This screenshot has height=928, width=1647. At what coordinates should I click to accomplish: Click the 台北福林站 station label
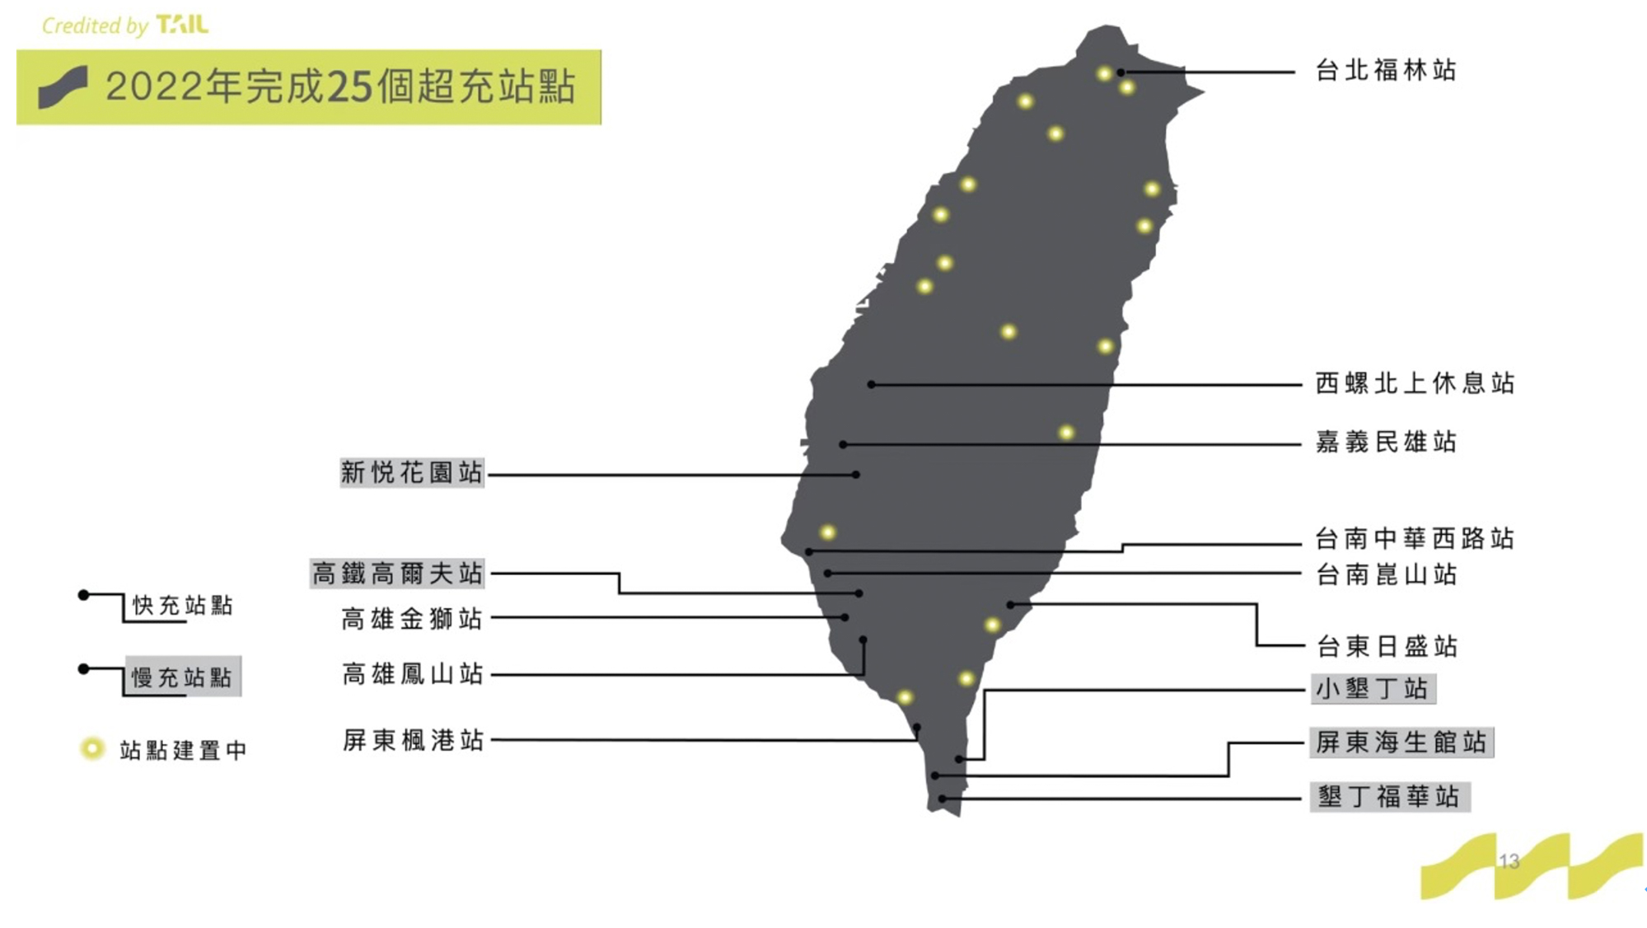pyautogui.click(x=1386, y=71)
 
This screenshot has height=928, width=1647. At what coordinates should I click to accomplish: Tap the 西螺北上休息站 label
pyautogui.click(x=1415, y=383)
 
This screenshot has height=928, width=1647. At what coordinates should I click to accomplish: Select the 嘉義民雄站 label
pyautogui.click(x=1386, y=443)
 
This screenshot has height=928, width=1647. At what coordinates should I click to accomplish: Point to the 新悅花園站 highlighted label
pyautogui.click(x=411, y=473)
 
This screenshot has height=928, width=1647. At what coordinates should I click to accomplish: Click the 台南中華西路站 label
pyautogui.click(x=1415, y=539)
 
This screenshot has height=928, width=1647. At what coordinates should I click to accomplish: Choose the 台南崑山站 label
pyautogui.click(x=1386, y=574)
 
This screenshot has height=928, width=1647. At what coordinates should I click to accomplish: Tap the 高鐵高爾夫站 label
pyautogui.click(x=397, y=574)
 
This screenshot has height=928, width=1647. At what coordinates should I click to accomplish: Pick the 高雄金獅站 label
pyautogui.click(x=411, y=619)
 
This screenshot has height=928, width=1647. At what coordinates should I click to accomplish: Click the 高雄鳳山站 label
pyautogui.click(x=412, y=674)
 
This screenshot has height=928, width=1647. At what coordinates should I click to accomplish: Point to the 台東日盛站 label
pyautogui.click(x=1387, y=646)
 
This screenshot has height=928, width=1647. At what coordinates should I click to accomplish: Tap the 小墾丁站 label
pyautogui.click(x=1373, y=689)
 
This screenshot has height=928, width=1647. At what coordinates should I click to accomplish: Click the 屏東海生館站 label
pyautogui.click(x=1401, y=743)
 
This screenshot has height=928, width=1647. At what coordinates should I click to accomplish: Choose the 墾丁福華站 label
pyautogui.click(x=1389, y=797)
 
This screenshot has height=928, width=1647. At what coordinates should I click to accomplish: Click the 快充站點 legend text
pyautogui.click(x=183, y=606)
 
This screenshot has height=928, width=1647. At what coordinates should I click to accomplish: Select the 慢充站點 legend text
pyautogui.click(x=182, y=677)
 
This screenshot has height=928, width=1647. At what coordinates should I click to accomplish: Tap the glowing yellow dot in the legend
pyautogui.click(x=92, y=748)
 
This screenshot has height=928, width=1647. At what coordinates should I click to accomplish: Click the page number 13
pyautogui.click(x=1509, y=862)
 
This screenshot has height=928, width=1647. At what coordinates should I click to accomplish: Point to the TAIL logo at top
pyautogui.click(x=182, y=25)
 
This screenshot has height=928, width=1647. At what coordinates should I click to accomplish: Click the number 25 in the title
pyautogui.click(x=350, y=87)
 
